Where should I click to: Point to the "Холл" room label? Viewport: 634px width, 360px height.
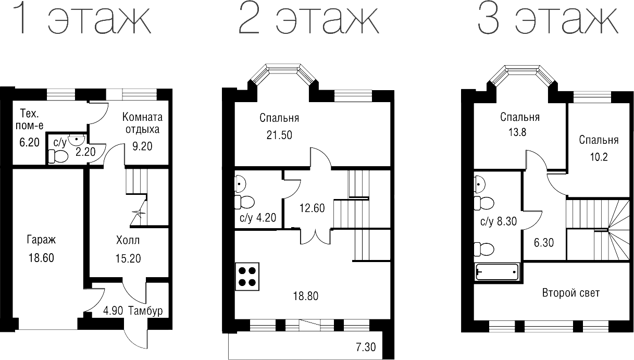(x=128, y=241)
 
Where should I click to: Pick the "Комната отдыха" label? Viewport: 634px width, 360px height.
(x=142, y=123)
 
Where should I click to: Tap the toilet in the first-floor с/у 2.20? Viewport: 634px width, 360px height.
(x=58, y=156)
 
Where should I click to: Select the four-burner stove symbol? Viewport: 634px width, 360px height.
(x=247, y=277)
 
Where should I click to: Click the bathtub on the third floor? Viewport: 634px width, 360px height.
(x=497, y=272)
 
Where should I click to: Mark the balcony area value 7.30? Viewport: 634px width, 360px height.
(x=366, y=346)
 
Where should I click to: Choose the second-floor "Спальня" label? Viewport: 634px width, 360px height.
(x=279, y=118)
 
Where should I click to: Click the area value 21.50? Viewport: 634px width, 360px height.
(x=279, y=135)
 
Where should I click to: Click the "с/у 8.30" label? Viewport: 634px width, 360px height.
(x=499, y=221)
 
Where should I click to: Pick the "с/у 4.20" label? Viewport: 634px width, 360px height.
(x=258, y=218)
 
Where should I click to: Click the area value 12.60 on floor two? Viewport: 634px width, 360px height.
(x=312, y=208)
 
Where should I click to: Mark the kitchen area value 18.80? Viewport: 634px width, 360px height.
(x=305, y=296)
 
